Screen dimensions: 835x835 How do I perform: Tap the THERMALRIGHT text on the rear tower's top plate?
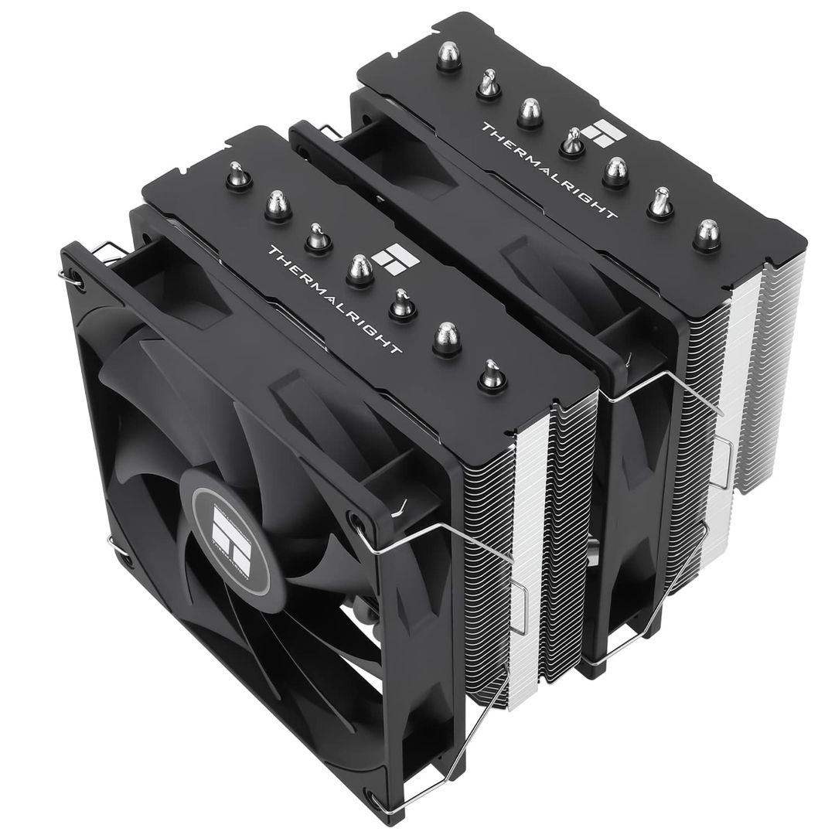point(549,170)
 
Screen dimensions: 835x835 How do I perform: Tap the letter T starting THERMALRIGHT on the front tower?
point(271,252)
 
